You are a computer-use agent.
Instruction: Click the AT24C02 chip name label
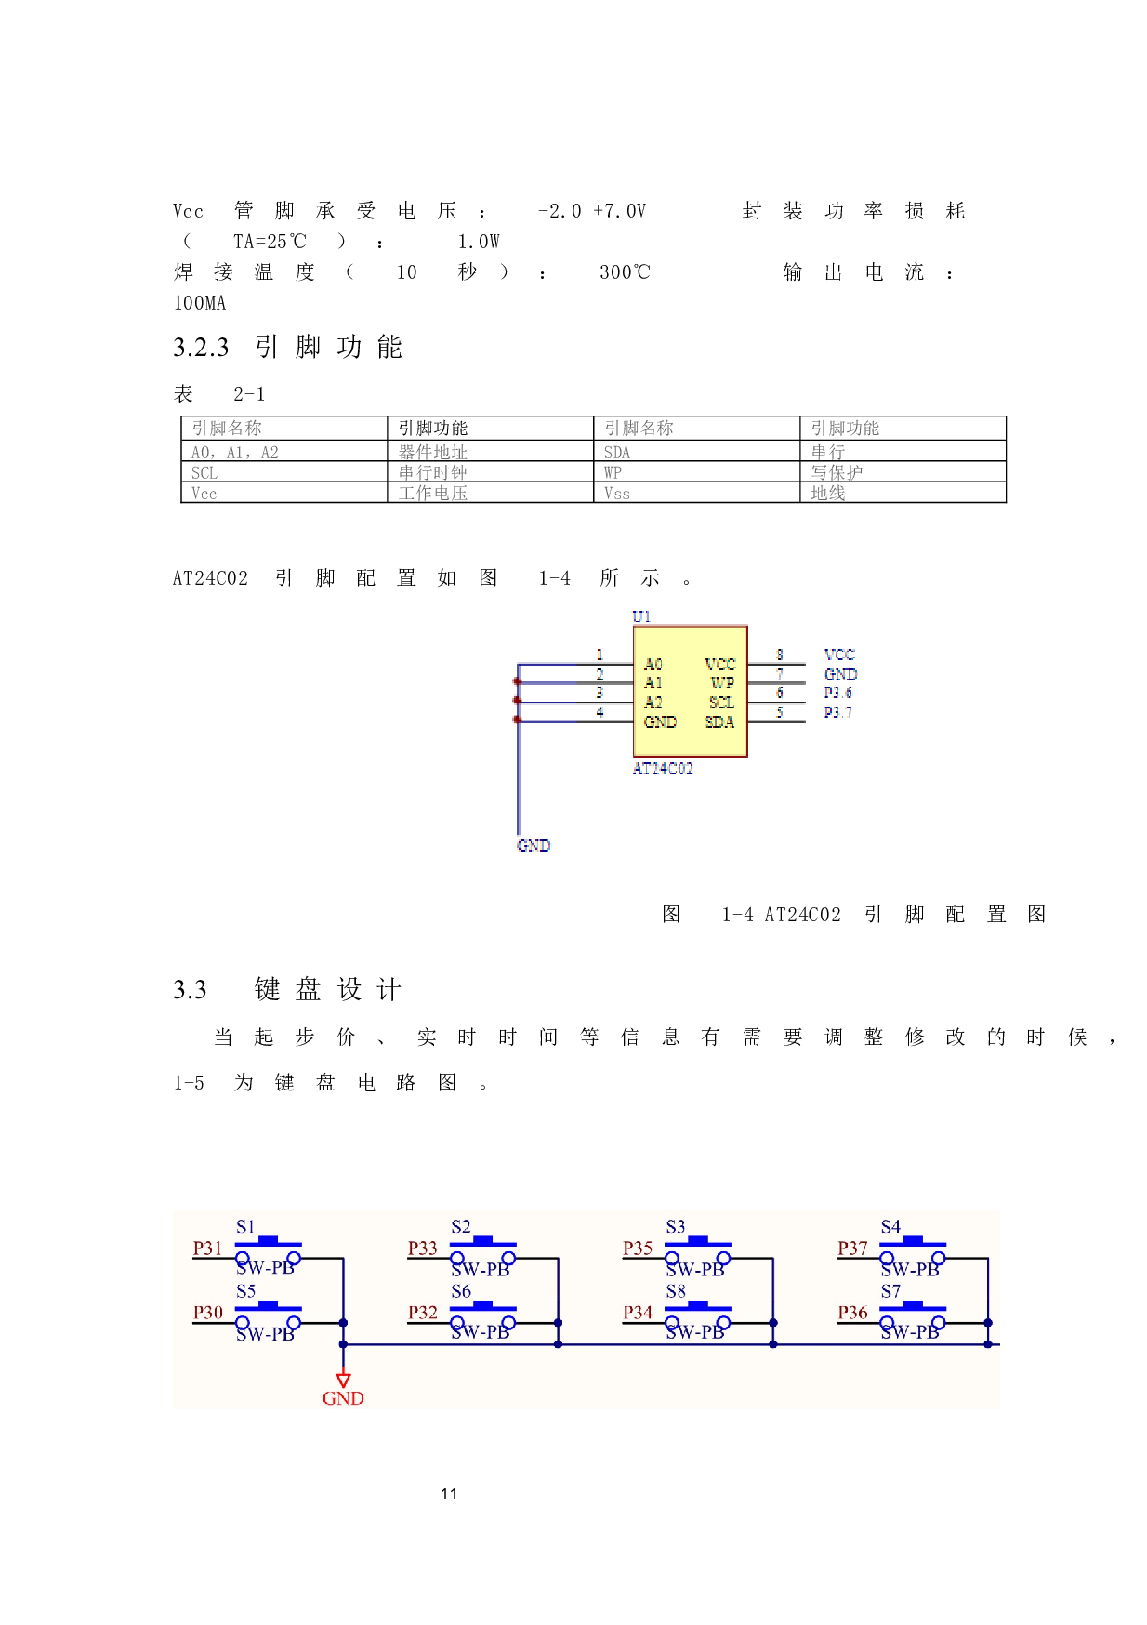[662, 769]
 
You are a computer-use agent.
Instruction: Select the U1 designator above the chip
[641, 616]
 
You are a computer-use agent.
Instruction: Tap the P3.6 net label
[837, 693]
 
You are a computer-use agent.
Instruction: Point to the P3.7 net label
[837, 712]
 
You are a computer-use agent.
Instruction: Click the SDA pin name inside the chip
[719, 722]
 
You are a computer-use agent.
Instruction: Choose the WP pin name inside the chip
[722, 682]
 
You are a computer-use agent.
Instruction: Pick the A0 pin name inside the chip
[653, 664]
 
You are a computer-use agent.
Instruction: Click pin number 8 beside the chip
[780, 654]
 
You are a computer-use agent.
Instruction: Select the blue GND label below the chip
[534, 845]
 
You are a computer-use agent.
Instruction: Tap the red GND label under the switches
[343, 1398]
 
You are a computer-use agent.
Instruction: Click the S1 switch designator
[245, 1227]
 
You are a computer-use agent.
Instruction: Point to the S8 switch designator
[676, 1291]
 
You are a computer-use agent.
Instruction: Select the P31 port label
[207, 1248]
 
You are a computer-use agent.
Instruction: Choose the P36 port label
[852, 1313]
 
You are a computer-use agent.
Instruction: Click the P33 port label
[422, 1248]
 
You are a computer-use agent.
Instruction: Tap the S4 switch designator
[890, 1227]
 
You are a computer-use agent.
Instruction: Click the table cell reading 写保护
[837, 472]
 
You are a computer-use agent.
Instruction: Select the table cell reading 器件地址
[433, 453]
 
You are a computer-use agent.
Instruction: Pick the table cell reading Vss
[616, 494]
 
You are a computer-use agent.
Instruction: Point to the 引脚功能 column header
[845, 428]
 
